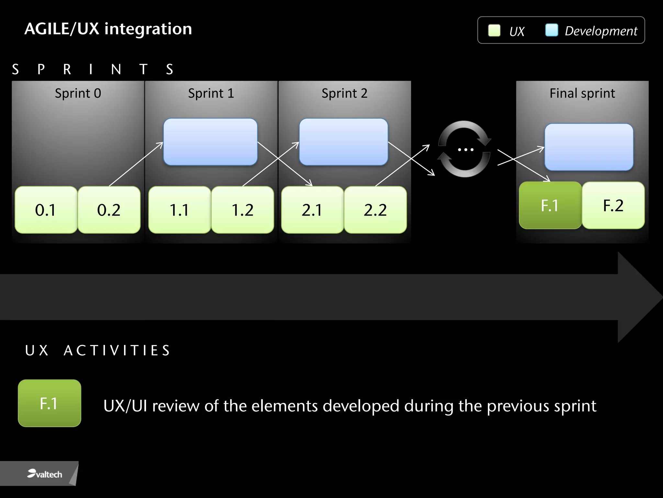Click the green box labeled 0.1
click(46, 210)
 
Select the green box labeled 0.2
click(109, 210)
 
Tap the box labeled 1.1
click(180, 210)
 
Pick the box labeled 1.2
click(242, 210)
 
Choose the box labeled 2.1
click(312, 210)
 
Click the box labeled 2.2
click(375, 210)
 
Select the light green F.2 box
click(613, 205)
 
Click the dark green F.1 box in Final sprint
click(550, 205)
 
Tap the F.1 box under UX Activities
click(50, 403)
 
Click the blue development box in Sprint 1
click(210, 142)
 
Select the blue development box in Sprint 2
click(343, 142)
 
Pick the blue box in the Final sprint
click(589, 147)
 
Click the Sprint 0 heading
click(78, 93)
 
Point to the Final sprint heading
click(582, 93)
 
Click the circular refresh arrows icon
click(465, 149)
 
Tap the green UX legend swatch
click(494, 30)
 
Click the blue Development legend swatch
click(552, 30)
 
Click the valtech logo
click(45, 474)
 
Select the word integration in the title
click(148, 29)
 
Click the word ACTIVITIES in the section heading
click(117, 350)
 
